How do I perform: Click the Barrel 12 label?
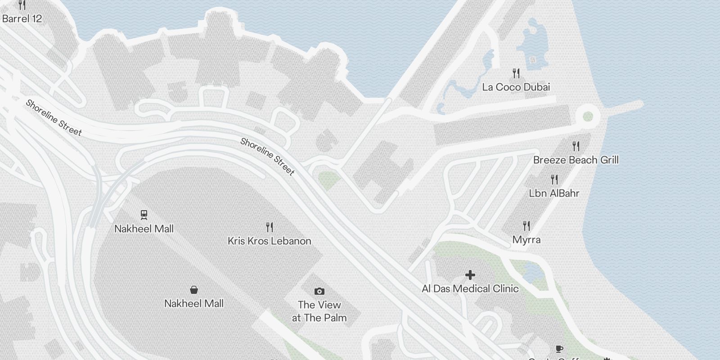coord(22,18)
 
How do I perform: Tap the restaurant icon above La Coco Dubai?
coord(516,73)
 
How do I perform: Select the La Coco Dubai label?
coord(516,87)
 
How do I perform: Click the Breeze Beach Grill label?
coord(576,160)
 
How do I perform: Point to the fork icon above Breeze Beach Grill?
coord(576,146)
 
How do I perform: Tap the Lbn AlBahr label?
coord(554,193)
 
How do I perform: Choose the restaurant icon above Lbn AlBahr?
coord(554,180)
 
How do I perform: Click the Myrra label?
coord(526,239)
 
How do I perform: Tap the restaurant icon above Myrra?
coord(526,225)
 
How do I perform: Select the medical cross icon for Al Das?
coord(470,274)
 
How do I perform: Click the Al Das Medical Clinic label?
coord(470,288)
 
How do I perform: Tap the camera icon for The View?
coord(319,291)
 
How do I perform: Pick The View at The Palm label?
coord(319,311)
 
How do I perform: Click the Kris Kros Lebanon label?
coord(269,241)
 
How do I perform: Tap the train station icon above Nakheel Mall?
coord(144,214)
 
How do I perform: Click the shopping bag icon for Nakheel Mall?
coord(194,289)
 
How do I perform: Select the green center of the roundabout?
coord(588,117)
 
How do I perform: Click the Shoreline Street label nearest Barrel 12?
coord(54,117)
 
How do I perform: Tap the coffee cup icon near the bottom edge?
coord(559,349)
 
